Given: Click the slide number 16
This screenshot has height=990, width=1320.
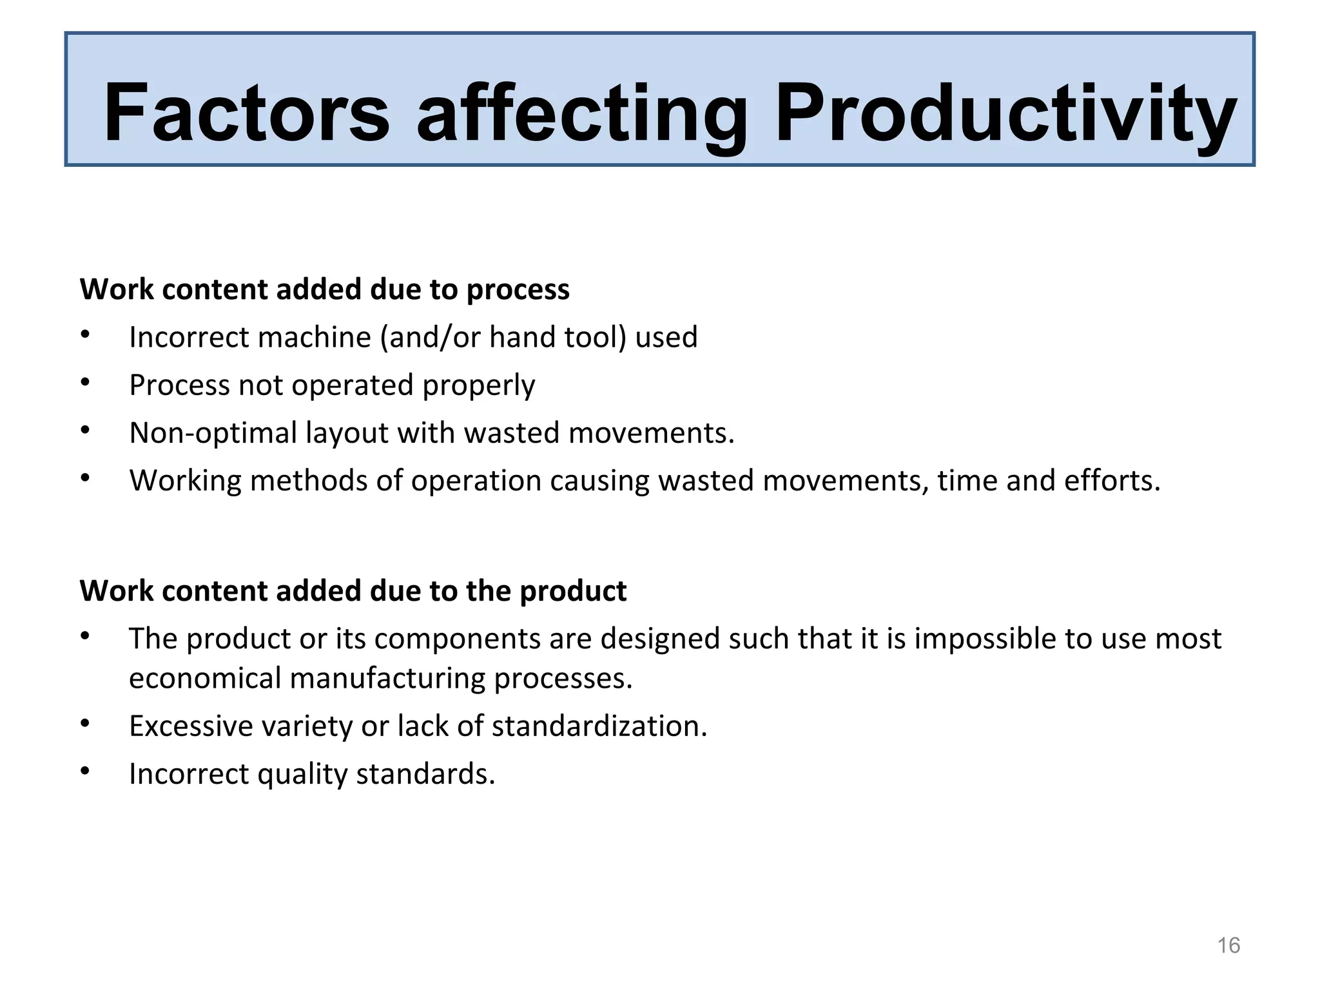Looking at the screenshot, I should click(x=1228, y=946).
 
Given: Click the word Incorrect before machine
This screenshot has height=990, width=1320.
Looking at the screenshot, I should click(x=186, y=337).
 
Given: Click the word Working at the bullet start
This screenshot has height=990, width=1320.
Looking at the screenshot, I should click(x=186, y=481).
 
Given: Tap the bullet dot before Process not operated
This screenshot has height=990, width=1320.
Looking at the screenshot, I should click(x=85, y=383).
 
